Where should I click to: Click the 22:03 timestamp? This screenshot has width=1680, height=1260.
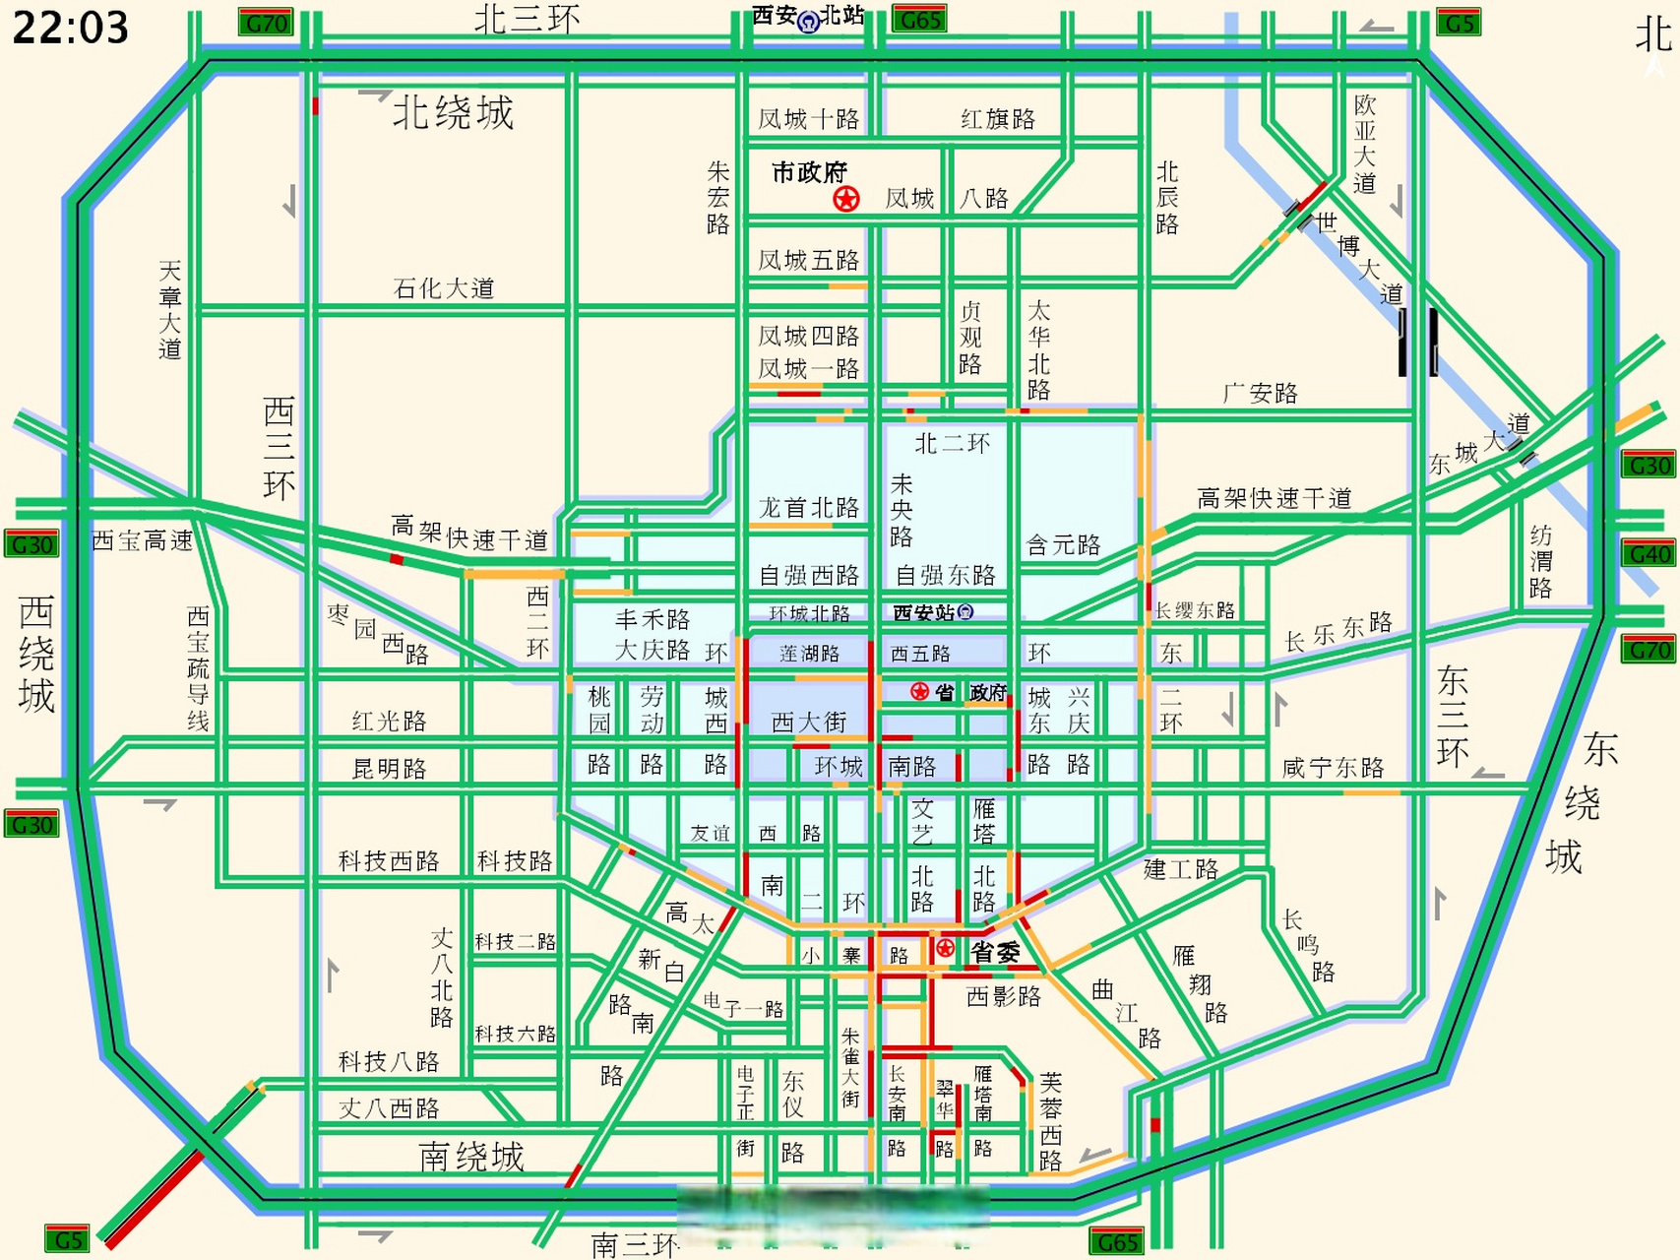70,28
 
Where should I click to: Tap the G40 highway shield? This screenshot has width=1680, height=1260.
1649,554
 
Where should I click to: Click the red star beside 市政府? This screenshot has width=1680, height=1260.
845,200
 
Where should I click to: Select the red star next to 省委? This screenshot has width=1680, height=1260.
945,949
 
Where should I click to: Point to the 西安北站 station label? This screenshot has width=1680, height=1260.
808,17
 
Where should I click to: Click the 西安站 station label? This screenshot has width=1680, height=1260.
932,612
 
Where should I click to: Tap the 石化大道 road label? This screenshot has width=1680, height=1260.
443,288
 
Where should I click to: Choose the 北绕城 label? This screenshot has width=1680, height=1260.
453,113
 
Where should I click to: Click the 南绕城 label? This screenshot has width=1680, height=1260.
471,1156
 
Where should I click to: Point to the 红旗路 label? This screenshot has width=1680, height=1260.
997,119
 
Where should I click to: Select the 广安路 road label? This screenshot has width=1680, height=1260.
1260,394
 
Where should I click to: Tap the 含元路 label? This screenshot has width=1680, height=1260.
1063,545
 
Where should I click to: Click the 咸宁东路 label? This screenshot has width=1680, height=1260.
1333,768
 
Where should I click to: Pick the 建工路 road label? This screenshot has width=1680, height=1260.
1181,869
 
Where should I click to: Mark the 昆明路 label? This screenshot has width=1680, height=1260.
389,769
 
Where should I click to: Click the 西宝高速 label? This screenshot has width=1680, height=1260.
142,540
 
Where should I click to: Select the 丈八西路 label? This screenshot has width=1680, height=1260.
389,1108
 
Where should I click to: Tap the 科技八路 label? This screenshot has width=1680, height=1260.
389,1061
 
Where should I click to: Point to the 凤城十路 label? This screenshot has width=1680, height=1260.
808,120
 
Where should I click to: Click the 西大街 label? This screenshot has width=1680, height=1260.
808,723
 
